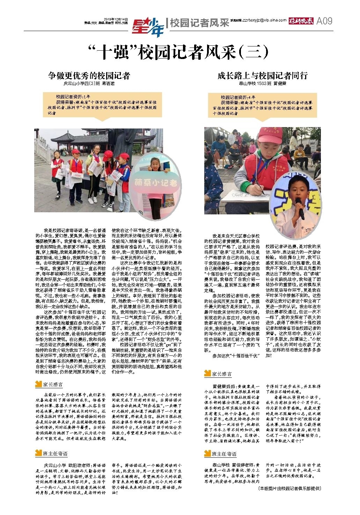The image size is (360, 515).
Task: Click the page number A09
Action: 324,21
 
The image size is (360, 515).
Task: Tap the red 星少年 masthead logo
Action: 148,26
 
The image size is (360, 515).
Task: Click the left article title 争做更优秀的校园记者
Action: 89,76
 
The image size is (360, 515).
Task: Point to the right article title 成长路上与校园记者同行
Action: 262,76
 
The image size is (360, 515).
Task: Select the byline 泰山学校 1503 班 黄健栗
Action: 263,84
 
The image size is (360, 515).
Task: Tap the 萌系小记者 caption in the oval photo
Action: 156,184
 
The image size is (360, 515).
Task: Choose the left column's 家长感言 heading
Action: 52,384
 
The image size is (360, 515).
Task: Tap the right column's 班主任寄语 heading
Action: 224,454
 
